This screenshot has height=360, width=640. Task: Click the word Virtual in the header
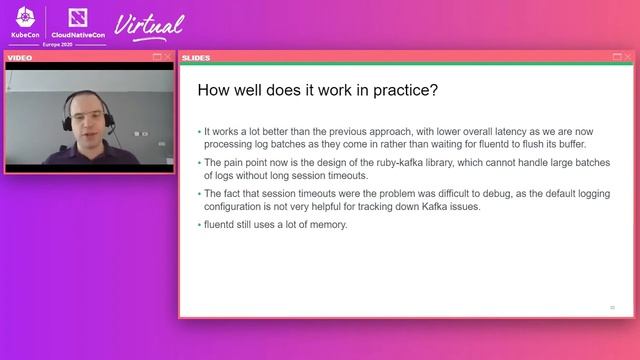tap(150, 24)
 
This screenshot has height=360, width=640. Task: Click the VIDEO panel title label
tap(21, 58)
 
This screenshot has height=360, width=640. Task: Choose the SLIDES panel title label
tap(196, 58)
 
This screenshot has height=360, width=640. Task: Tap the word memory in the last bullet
tap(329, 224)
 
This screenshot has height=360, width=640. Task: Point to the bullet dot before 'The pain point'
tap(199, 162)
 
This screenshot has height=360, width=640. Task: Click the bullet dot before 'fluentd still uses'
tap(199, 224)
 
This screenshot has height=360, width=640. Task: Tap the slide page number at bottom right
tap(613, 307)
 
